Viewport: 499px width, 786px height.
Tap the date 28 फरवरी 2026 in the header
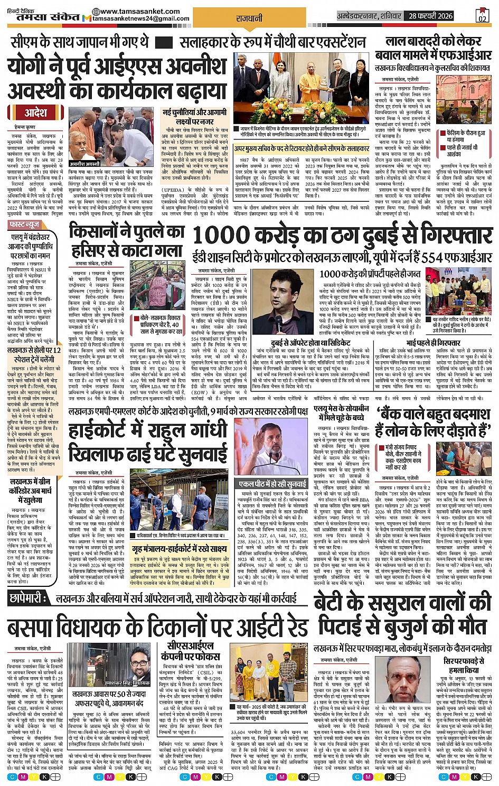[430, 16]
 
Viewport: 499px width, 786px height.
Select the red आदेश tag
[35, 113]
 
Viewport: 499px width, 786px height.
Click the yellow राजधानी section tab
[249, 18]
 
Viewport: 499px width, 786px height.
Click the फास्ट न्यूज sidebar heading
[24, 225]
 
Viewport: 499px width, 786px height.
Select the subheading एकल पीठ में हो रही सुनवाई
[272, 484]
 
